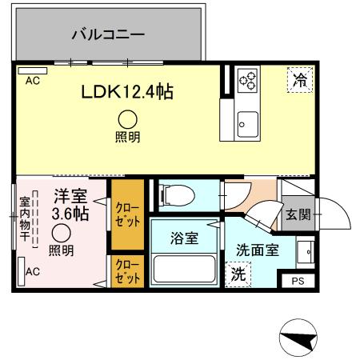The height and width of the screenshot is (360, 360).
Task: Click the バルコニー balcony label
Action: pos(107,34)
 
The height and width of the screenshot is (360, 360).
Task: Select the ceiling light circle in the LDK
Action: pos(127,118)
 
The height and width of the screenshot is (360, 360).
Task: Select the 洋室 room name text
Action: pos(70,195)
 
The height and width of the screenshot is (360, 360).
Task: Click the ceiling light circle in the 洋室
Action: pos(62,233)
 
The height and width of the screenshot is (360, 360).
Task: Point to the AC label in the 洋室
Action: pos(33,272)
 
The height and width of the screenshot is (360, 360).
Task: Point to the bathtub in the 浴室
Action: pos(185,269)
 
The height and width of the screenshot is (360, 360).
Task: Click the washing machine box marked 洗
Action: pos(238,274)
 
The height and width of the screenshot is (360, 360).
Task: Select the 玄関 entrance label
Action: pos(295,215)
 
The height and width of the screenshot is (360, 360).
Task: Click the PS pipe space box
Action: pos(298,281)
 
